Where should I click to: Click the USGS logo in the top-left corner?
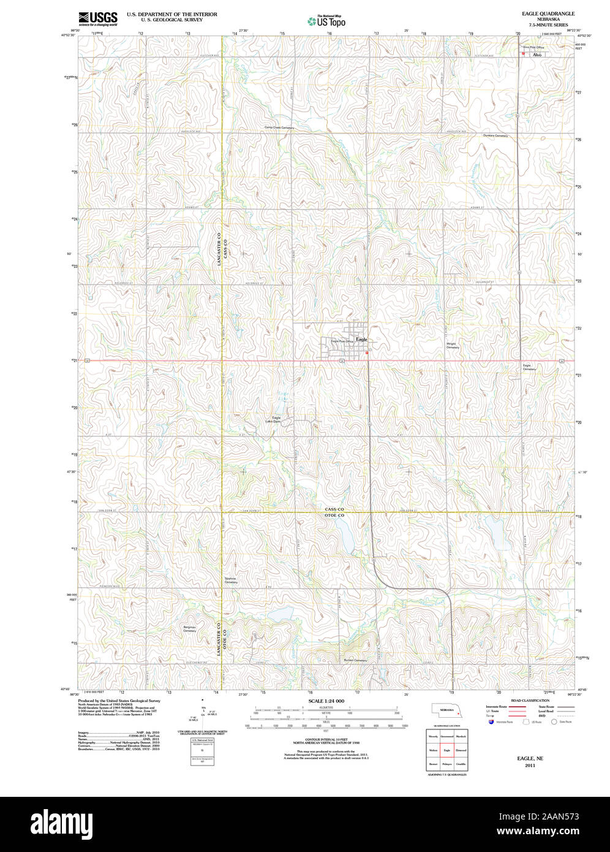coord(98,18)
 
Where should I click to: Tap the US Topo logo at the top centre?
coord(326,21)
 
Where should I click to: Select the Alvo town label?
coord(537,55)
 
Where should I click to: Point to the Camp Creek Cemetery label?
coord(279,128)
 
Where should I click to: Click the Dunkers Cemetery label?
coord(495,135)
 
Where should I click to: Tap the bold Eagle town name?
coord(362,339)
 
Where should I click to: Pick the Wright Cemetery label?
coord(452,346)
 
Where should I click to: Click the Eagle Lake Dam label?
coord(273,420)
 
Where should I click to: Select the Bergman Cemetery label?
coord(189,629)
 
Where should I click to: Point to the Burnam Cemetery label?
coord(355,660)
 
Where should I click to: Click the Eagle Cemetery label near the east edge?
coord(529,367)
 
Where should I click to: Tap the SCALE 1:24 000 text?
coord(326,701)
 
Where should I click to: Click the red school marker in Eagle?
coord(367,353)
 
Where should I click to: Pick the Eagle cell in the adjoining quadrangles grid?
coord(447,750)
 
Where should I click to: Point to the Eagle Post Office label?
coord(342,341)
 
